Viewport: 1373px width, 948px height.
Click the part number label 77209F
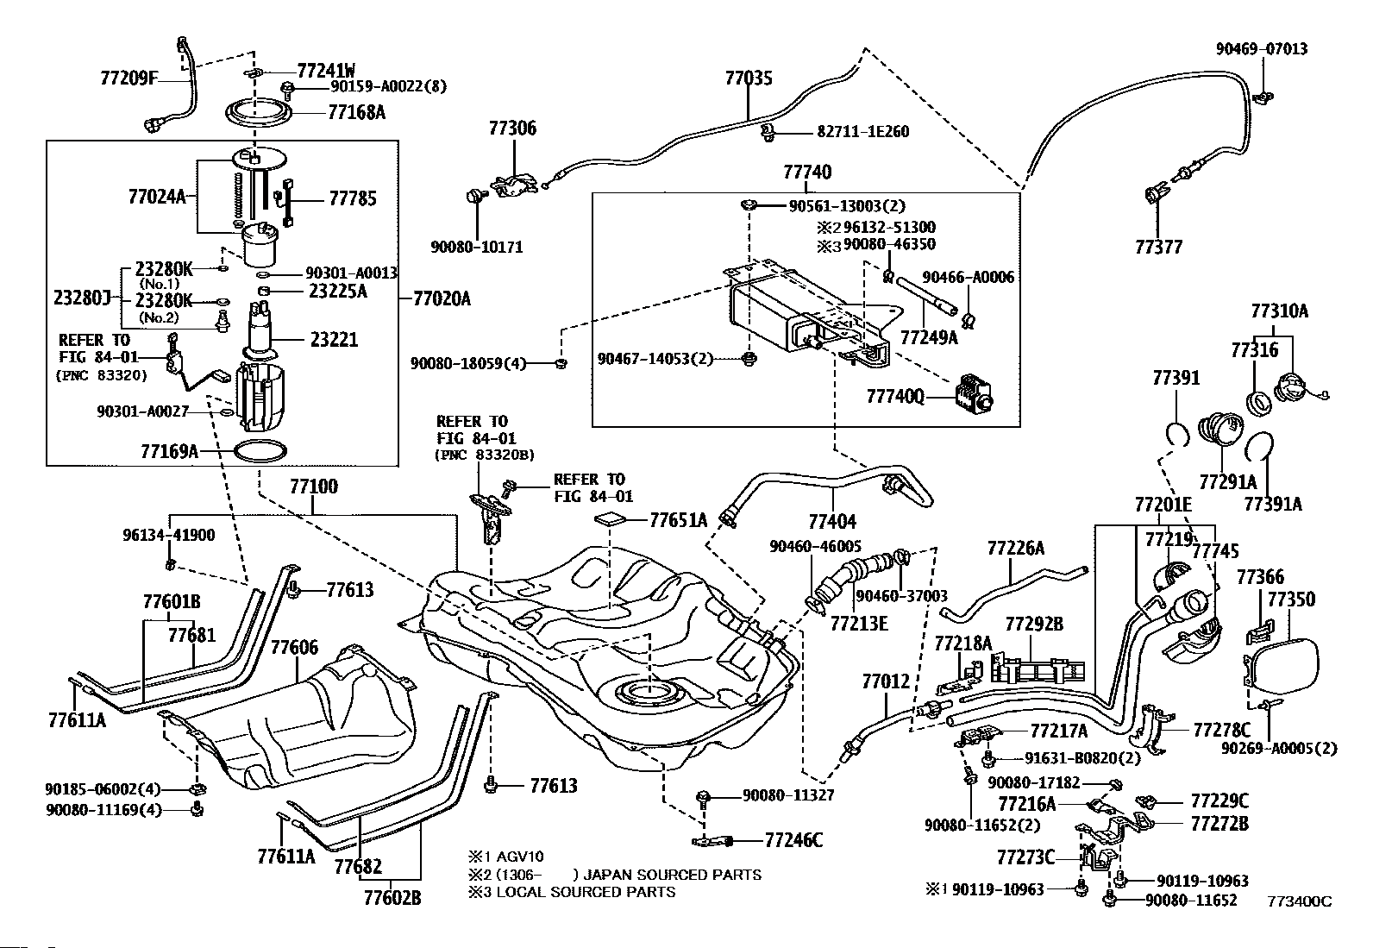pos(129,78)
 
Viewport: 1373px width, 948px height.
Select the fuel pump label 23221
pos(334,339)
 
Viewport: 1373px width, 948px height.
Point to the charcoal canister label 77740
pos(807,172)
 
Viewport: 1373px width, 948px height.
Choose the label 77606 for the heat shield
pos(295,647)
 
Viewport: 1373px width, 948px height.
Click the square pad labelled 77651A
pos(611,520)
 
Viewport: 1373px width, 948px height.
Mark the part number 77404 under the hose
pos(832,521)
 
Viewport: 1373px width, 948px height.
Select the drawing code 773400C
pos(1300,901)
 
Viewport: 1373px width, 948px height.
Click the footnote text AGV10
pos(520,857)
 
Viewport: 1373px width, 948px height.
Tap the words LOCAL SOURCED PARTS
pos(586,892)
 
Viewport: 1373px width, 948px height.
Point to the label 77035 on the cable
pos(749,78)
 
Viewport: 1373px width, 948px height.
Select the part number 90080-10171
pos(476,247)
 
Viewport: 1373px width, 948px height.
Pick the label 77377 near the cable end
pos(1158,247)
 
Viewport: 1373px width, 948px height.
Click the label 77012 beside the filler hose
pos(886,681)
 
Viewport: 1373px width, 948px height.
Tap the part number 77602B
pos(392,898)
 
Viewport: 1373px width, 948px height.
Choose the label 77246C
pos(793,840)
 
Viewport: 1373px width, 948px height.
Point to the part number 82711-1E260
pos(863,131)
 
